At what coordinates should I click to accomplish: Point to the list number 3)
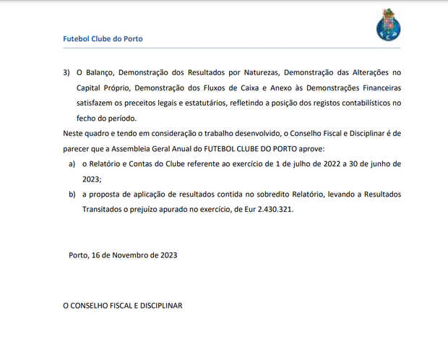[66, 73]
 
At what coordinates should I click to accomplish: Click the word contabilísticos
[358, 103]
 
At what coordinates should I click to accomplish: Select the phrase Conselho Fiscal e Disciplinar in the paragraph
[318, 134]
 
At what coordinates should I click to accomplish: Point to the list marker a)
[72, 164]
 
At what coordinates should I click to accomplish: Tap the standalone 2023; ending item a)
[92, 179]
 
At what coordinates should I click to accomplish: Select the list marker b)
[72, 194]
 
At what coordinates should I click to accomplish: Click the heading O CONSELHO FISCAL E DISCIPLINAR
[123, 306]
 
